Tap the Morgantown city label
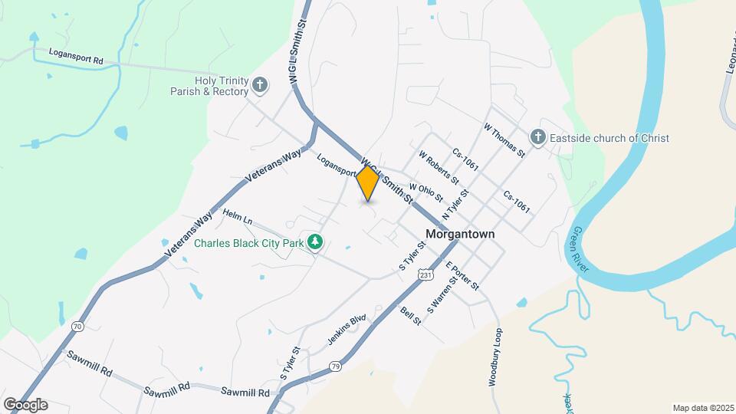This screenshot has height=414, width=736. pos(459,234)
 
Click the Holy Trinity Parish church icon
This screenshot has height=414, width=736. pos(261,84)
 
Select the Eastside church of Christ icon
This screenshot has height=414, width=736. pos(538,138)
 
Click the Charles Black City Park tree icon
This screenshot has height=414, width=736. pos(314,243)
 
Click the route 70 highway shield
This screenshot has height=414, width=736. pos(77,327)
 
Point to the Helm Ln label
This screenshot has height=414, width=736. pos(238,217)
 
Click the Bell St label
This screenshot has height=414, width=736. pos(411,315)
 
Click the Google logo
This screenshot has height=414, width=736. pos(25,405)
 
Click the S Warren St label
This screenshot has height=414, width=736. pos(442,295)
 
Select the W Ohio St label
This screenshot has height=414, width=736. pos(426,192)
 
